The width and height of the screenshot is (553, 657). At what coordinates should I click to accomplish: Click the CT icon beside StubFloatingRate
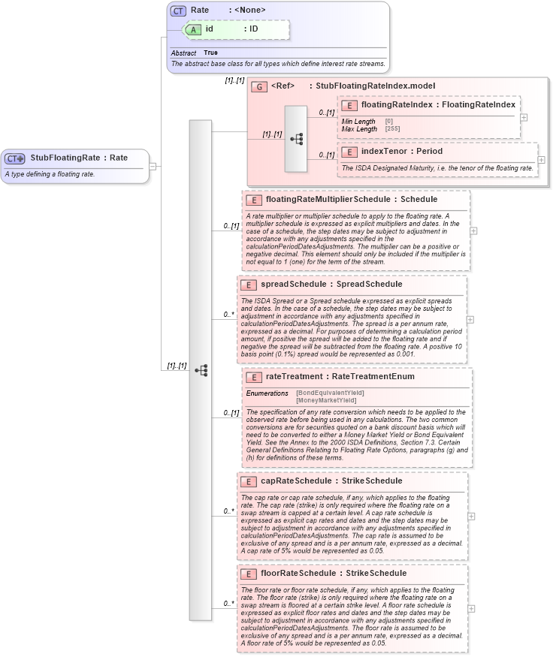click(15, 158)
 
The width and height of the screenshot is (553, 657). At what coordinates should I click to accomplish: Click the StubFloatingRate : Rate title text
click(79, 158)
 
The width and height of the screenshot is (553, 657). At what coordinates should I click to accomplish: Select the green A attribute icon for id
click(192, 29)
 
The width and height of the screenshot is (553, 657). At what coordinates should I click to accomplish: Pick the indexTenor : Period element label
click(402, 152)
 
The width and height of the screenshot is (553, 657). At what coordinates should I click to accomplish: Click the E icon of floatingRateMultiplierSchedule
click(254, 200)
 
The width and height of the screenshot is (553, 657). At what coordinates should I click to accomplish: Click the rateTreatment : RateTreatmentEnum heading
click(340, 377)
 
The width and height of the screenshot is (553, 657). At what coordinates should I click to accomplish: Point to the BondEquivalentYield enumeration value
click(331, 393)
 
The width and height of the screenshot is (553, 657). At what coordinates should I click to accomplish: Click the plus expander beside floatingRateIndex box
click(524, 117)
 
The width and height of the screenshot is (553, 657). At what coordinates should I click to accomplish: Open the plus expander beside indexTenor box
click(541, 160)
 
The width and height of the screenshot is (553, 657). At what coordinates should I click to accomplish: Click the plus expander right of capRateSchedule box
click(470, 517)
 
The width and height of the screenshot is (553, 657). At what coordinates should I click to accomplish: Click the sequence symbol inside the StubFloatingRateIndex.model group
click(296, 139)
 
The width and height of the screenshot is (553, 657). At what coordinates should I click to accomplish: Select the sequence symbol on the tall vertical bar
click(201, 370)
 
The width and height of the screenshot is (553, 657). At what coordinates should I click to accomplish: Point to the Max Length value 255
click(389, 129)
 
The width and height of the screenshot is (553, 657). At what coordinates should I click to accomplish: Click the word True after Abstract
click(210, 53)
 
